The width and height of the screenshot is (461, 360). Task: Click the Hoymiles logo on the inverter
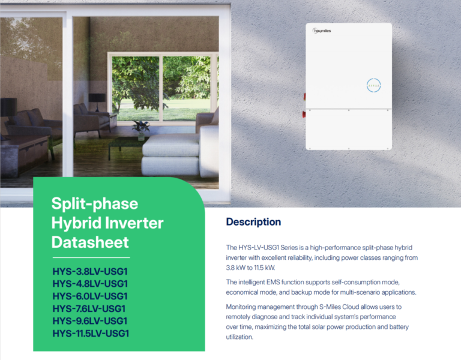322,31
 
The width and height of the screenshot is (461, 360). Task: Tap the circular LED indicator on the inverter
373,85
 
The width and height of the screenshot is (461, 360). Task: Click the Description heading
253,222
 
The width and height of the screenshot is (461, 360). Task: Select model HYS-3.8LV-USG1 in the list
90,271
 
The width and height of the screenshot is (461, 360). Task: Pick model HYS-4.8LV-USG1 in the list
90,283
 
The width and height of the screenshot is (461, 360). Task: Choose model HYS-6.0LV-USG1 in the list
90,296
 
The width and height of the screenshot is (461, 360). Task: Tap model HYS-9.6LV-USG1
90,321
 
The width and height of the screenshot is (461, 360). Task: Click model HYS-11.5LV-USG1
91,334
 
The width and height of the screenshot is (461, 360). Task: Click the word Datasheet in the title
89,242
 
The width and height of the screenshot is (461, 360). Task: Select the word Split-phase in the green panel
94,203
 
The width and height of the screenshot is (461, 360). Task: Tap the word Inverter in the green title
139,223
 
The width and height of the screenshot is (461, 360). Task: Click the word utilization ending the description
240,337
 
